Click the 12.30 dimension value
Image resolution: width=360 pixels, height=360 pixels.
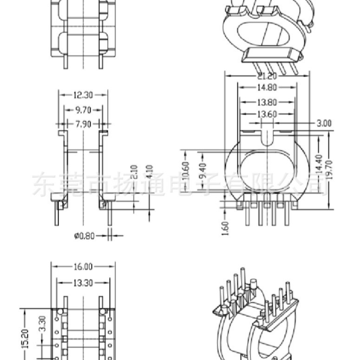[x=83, y=95]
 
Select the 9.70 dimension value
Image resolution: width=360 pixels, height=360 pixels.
[x=83, y=110]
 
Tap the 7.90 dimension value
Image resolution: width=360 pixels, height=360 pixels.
[x=83, y=124]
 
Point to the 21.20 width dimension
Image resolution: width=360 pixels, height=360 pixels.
[x=266, y=76]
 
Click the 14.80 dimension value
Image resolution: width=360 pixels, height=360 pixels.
[x=266, y=87]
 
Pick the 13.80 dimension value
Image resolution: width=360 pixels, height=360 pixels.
[x=266, y=102]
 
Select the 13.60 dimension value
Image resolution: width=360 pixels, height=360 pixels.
[x=266, y=114]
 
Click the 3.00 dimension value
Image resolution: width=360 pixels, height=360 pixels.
[x=324, y=123]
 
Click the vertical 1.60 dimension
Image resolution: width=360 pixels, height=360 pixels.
[x=225, y=227]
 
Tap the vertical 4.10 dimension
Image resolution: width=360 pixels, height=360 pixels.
[x=149, y=172]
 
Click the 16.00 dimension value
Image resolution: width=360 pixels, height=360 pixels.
[x=83, y=267]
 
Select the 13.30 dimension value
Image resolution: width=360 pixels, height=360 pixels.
[x=83, y=282]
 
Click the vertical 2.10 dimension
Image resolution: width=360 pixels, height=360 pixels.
[x=134, y=172]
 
